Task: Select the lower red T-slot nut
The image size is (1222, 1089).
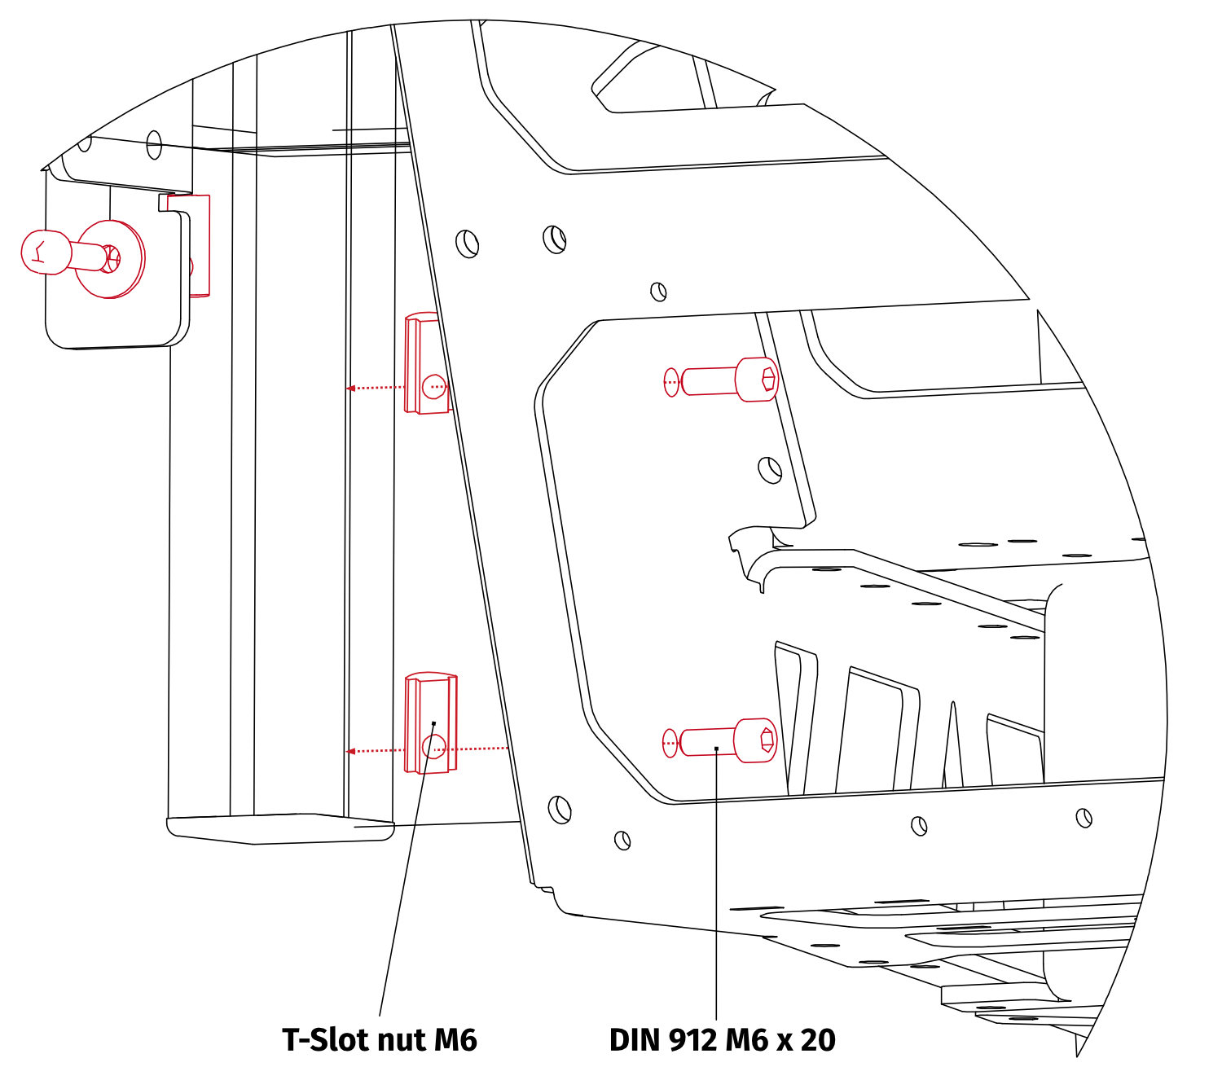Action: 431,723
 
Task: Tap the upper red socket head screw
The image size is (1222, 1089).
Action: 728,380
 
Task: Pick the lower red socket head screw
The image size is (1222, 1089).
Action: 727,741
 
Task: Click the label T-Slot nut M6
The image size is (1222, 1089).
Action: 380,1040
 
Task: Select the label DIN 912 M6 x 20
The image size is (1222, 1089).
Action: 722,1040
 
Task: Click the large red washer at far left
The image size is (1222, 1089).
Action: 110,259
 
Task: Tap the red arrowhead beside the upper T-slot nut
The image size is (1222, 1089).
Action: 350,389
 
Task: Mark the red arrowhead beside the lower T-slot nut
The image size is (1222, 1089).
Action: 350,751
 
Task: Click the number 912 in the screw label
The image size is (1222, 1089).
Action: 693,1040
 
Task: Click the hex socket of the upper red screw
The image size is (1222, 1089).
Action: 768,380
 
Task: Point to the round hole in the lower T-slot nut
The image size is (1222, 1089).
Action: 434,747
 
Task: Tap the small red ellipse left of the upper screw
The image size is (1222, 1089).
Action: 671,382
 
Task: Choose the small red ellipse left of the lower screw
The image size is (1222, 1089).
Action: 670,744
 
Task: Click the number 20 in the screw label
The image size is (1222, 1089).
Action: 818,1040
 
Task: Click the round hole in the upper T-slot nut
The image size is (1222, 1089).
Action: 434,387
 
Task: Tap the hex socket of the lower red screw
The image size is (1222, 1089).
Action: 767,740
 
